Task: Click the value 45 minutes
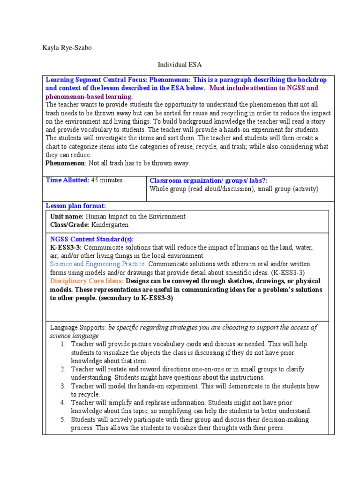point(107,180)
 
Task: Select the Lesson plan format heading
point(75,206)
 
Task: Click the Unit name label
point(67,217)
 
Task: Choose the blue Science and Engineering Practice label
point(98,264)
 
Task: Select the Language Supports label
point(78,328)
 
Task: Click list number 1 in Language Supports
point(62,345)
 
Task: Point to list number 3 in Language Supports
point(62,386)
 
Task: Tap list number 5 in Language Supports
point(62,420)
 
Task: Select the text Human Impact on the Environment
point(135,217)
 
